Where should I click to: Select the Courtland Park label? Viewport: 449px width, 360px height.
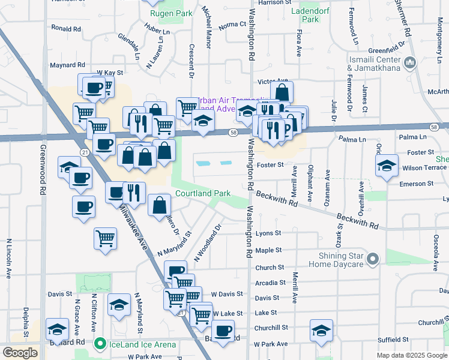click(x=203, y=194)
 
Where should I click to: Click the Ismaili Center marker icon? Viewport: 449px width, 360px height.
click(x=411, y=62)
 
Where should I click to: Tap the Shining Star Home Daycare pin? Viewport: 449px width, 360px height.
click(x=373, y=259)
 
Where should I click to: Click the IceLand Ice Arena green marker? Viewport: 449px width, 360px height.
click(x=100, y=344)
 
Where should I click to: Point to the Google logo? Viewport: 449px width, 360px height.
click(x=20, y=353)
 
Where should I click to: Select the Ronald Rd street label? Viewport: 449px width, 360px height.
click(x=66, y=28)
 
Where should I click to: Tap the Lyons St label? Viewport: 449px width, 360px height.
click(x=268, y=233)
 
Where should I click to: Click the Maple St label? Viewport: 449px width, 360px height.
click(x=268, y=250)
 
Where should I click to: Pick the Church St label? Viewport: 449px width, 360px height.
click(x=269, y=268)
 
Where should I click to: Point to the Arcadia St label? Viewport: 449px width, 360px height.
click(x=270, y=283)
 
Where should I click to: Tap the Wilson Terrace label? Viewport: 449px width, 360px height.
click(x=423, y=168)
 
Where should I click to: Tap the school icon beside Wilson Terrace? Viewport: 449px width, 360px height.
click(x=387, y=166)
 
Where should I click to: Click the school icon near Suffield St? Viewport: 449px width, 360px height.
click(x=321, y=330)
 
